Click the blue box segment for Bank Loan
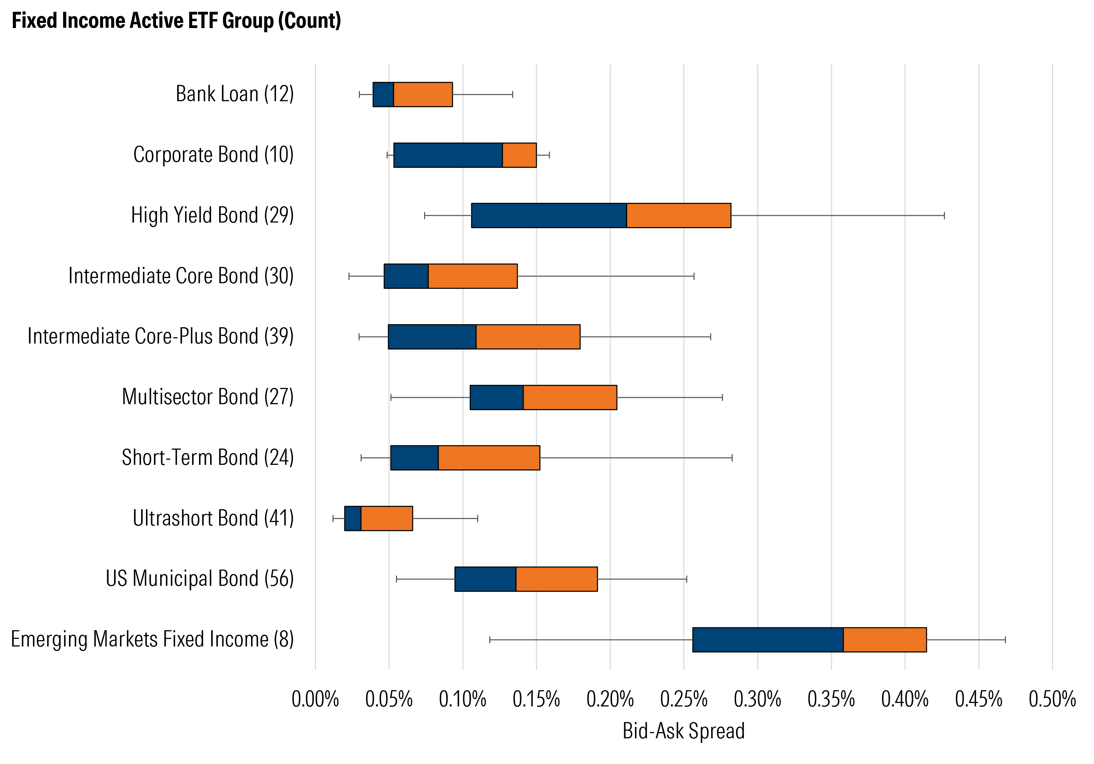[x=383, y=94]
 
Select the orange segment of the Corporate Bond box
[x=519, y=155]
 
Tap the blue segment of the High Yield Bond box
[x=549, y=215]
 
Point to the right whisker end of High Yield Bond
[x=944, y=216]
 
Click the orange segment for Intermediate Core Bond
[x=473, y=276]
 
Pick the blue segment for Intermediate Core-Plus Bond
[x=432, y=337]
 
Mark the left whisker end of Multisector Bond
[x=391, y=397]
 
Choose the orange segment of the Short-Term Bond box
[x=489, y=458]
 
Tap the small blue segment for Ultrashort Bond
[x=353, y=518]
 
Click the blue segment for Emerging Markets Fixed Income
[x=768, y=639]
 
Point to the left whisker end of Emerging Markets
[x=490, y=640]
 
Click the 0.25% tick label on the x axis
[x=683, y=699]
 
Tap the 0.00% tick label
[x=315, y=699]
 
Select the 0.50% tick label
[x=1052, y=699]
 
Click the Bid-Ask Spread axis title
[x=683, y=731]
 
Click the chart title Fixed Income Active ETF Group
[x=176, y=20]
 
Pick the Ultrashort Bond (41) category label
[x=213, y=518]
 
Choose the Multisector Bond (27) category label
[x=208, y=397]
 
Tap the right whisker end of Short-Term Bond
[x=732, y=458]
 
